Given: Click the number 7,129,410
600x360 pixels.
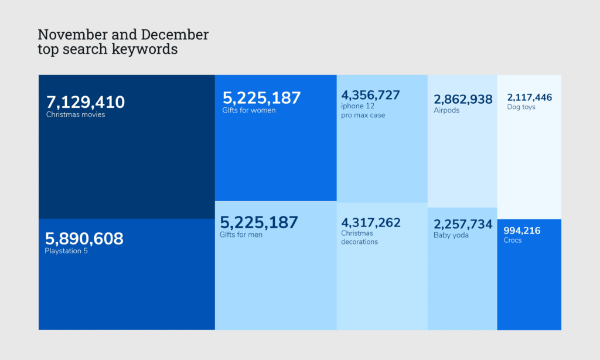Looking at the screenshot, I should [x=86, y=102].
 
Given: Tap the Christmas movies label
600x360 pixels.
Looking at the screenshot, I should [x=76, y=115].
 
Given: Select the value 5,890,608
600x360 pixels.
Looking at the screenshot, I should [x=84, y=239].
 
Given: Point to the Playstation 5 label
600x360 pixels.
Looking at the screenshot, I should [x=66, y=252].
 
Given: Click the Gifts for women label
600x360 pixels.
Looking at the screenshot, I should [x=248, y=110].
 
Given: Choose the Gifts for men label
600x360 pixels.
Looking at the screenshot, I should [x=241, y=235].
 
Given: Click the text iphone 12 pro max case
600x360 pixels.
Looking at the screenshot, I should [x=363, y=111].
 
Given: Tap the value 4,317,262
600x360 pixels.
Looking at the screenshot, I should [x=371, y=223].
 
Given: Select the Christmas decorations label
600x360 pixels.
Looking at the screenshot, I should [x=359, y=237].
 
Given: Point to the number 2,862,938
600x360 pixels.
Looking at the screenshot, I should [x=463, y=99].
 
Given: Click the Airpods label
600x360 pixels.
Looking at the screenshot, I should [x=446, y=110].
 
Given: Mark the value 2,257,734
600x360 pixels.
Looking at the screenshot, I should [x=463, y=225].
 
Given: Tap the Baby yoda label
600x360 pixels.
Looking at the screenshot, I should [x=451, y=236].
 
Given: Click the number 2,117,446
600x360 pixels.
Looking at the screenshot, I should [x=530, y=97].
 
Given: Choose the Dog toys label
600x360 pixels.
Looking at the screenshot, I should [x=521, y=107].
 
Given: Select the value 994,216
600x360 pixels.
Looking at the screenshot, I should [x=521, y=230].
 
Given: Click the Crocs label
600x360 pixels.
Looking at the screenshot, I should [x=512, y=240].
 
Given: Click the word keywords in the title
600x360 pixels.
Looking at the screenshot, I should [x=145, y=49].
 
